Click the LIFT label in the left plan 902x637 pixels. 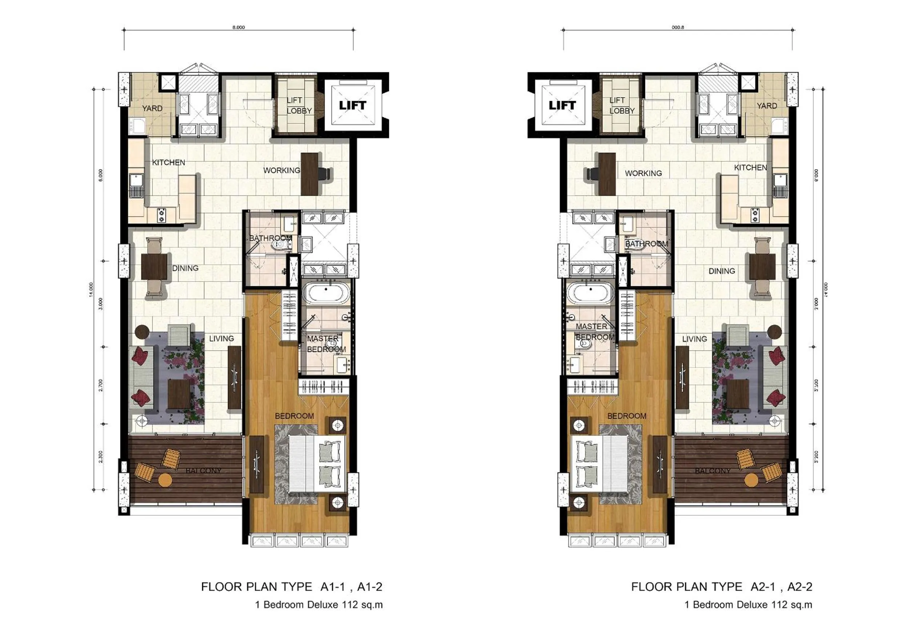click(352, 105)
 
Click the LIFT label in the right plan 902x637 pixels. click(562, 105)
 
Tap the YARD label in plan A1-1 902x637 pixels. click(152, 108)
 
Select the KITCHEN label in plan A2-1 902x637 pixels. click(750, 168)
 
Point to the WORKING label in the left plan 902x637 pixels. click(281, 170)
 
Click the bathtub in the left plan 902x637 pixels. click(326, 294)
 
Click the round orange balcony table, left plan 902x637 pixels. click(165, 480)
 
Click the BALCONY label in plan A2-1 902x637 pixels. click(713, 471)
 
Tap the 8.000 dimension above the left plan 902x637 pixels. click(238, 28)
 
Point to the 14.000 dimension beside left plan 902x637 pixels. click(92, 290)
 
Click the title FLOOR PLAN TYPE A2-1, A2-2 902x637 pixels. click(721, 587)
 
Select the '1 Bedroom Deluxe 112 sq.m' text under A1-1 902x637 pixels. click(318, 605)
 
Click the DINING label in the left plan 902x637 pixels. click(185, 268)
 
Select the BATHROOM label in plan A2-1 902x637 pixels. click(646, 244)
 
